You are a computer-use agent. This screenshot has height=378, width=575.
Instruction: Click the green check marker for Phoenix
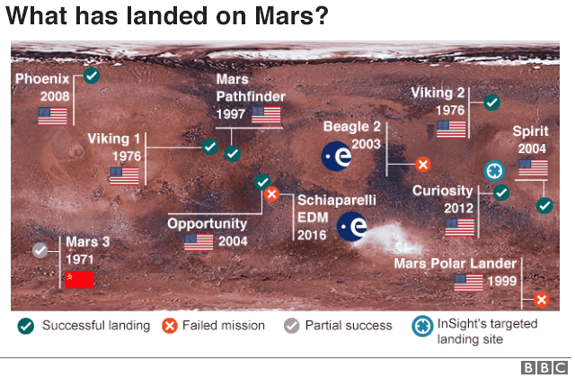pyautogui.click(x=91, y=76)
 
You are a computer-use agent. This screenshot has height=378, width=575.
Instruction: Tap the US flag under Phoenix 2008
pyautogui.click(x=52, y=116)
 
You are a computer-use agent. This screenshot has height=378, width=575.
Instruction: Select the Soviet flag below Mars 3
pyautogui.click(x=79, y=279)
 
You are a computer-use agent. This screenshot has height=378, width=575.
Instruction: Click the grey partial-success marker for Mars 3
pyautogui.click(x=40, y=250)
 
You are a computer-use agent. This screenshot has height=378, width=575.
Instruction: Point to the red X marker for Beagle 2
pyautogui.click(x=423, y=165)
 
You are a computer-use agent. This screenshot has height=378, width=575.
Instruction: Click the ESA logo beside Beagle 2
pyautogui.click(x=338, y=157)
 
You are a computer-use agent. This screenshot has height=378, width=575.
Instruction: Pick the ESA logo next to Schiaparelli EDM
pyautogui.click(x=352, y=227)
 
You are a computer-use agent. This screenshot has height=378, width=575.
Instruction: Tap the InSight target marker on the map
pyautogui.click(x=494, y=170)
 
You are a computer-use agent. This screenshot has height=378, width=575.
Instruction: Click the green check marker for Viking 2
pyautogui.click(x=491, y=102)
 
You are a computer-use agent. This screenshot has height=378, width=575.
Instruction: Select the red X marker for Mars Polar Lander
pyautogui.click(x=541, y=300)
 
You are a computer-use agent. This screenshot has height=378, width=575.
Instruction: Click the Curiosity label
pyautogui.click(x=442, y=191)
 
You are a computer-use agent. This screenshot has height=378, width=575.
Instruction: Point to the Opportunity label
pyautogui.click(x=208, y=223)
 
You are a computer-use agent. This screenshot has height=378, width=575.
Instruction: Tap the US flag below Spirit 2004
pyautogui.click(x=532, y=169)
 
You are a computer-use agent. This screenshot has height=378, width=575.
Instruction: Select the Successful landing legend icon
pyautogui.click(x=28, y=326)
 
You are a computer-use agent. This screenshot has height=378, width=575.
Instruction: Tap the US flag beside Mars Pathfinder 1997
pyautogui.click(x=266, y=114)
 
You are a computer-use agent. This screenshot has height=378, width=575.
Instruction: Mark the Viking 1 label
pyautogui.click(x=114, y=139)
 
